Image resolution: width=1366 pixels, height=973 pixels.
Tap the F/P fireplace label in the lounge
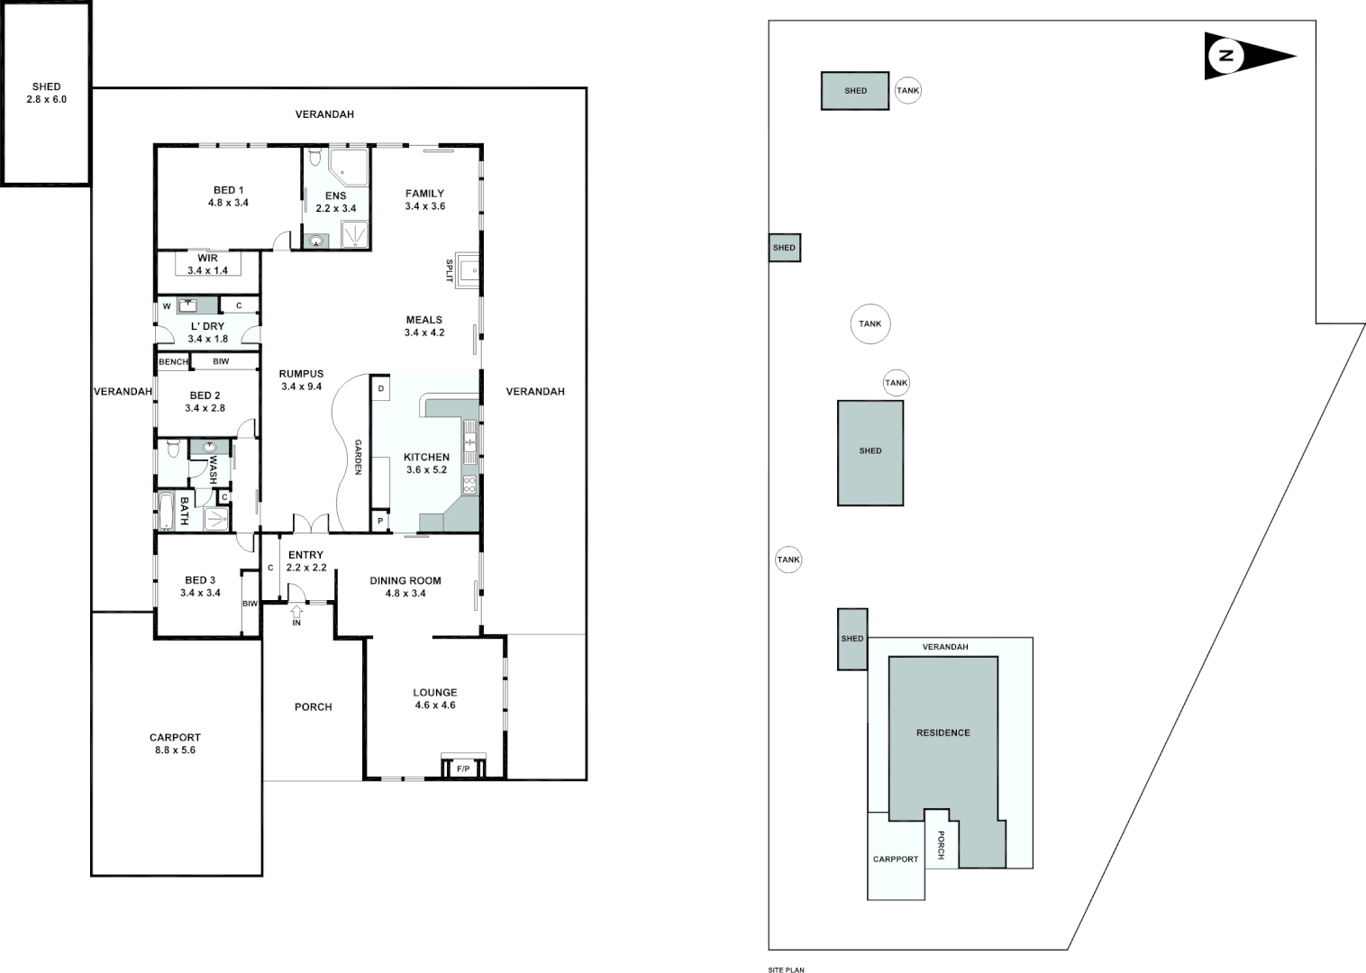463,768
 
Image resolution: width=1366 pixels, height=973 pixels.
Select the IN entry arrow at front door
296,616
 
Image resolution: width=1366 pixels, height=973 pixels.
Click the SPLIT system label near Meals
449,270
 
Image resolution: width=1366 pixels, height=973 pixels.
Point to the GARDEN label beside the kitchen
358,457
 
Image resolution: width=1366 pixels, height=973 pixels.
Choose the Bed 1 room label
228,196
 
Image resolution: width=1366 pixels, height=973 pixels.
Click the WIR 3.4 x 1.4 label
207,264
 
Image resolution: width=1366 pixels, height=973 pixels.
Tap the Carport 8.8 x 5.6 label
175,743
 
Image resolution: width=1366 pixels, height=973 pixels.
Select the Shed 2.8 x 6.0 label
46,93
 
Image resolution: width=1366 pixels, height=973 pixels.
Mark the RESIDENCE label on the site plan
943,732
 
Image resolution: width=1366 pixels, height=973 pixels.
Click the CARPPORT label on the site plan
895,859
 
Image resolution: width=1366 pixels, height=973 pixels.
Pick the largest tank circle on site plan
870,323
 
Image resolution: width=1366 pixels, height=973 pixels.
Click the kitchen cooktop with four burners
469,485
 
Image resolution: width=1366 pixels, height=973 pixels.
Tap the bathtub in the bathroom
167,511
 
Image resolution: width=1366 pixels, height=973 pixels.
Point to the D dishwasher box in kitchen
381,388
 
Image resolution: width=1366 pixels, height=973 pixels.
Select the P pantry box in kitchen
380,521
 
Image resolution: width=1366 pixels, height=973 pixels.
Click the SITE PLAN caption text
786,970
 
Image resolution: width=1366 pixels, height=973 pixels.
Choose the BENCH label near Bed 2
173,361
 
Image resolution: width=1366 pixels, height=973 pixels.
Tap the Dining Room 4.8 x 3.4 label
405,587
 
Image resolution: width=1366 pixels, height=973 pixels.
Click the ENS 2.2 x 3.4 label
335,202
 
